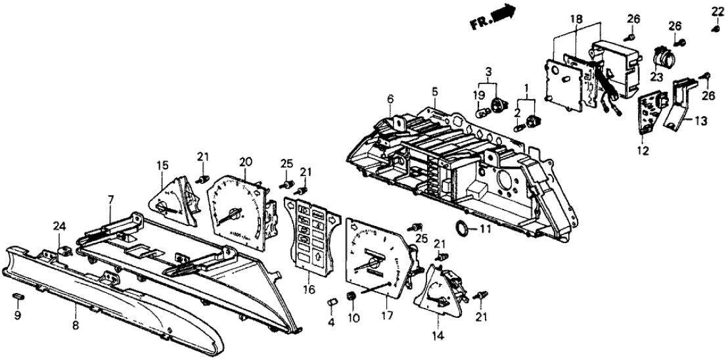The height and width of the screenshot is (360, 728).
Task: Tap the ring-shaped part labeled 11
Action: pyautogui.click(x=463, y=229)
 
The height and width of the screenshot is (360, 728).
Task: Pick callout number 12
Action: pyautogui.click(x=642, y=151)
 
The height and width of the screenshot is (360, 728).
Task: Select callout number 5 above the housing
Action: pyautogui.click(x=434, y=91)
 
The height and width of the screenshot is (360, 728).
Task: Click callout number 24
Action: pyautogui.click(x=59, y=227)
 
